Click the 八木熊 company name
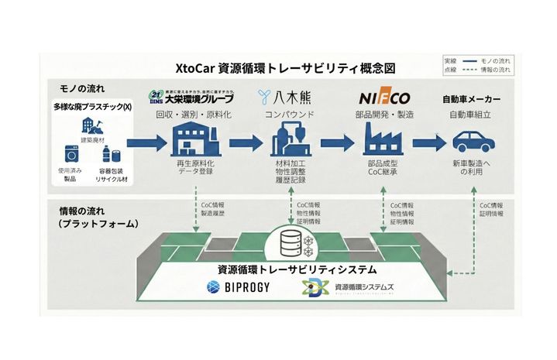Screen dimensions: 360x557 (287, 98)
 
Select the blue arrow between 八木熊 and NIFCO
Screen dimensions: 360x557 (335, 143)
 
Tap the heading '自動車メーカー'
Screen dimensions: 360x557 (470, 100)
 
